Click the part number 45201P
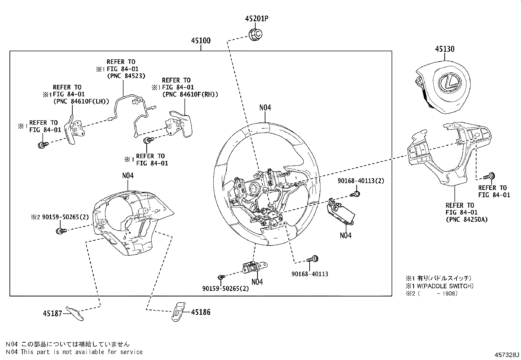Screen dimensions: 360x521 tap(257, 19)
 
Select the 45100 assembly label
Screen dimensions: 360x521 tap(201, 41)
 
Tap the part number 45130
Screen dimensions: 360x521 tap(444, 49)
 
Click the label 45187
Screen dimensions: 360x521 tap(52, 313)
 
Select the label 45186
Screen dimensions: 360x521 tap(201, 312)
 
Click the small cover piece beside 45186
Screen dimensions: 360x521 tap(178, 311)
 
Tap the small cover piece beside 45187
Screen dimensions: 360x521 tap(75, 313)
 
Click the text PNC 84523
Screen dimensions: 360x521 tap(126, 76)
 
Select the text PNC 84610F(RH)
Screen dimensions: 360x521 tap(190, 94)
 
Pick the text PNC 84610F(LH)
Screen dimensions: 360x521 tap(81, 101)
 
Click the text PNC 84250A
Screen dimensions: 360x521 tap(467, 219)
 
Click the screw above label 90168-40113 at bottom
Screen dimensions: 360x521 tap(314, 259)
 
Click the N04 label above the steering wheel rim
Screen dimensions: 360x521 tap(265, 107)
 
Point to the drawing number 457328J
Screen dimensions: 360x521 tap(507, 354)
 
